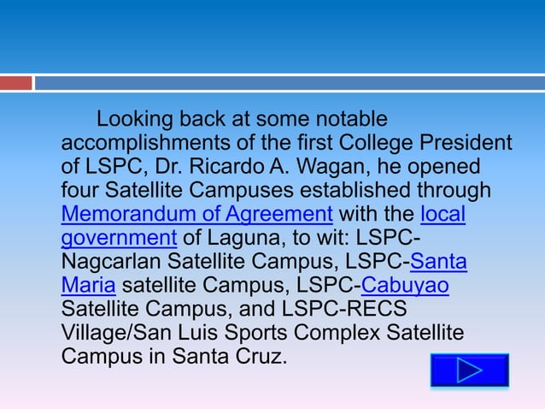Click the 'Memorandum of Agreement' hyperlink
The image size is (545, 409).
click(196, 213)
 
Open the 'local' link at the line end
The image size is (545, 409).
click(443, 213)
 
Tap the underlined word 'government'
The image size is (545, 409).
click(119, 237)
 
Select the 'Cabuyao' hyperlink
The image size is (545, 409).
click(406, 285)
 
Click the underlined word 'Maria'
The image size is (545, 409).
click(88, 285)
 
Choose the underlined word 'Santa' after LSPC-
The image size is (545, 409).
click(439, 261)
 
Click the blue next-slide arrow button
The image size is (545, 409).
click(470, 370)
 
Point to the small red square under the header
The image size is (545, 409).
click(15, 83)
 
